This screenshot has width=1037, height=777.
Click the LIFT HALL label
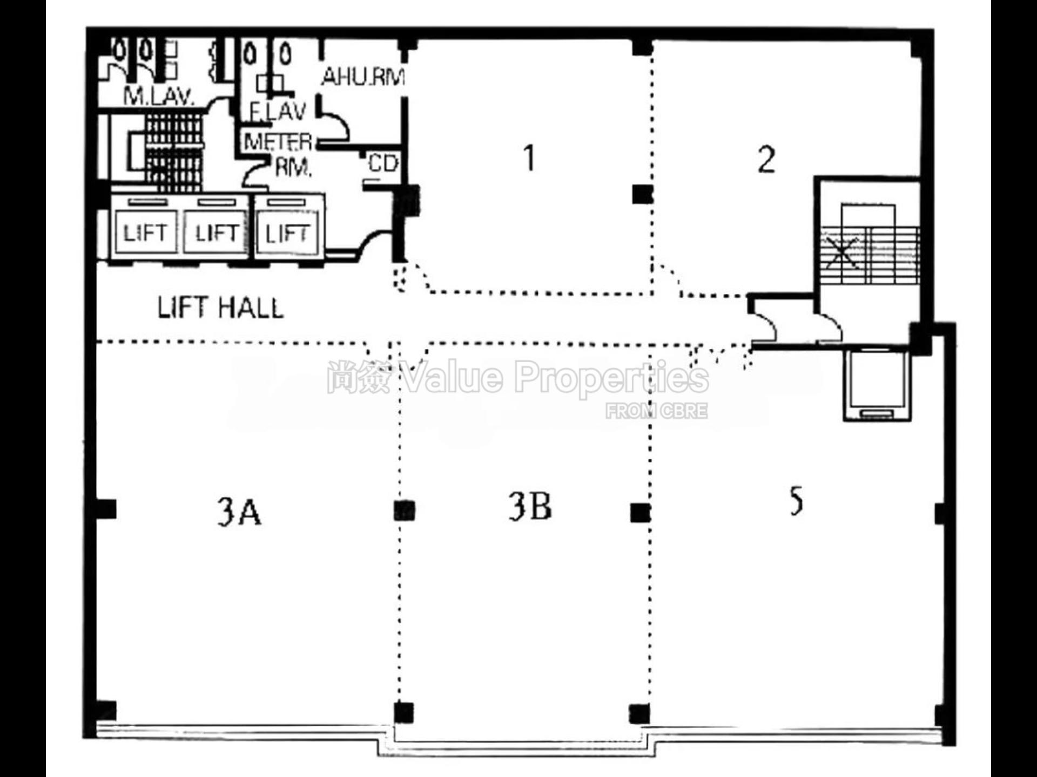[x=220, y=308]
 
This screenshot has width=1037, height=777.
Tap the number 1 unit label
[x=529, y=158]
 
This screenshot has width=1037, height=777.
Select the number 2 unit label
[x=766, y=160]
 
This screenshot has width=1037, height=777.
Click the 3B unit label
[x=530, y=507]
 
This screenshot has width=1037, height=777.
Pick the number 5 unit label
[x=796, y=501]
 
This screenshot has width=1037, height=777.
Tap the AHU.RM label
[x=363, y=77]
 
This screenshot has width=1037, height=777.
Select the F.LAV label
[x=278, y=112]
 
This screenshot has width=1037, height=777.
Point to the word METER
[x=278, y=142]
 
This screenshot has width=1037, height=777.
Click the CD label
[x=383, y=163]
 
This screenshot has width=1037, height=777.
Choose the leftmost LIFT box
[x=145, y=233]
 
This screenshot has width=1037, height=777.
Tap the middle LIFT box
[x=216, y=233]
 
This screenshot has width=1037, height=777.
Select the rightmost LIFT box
[x=287, y=233]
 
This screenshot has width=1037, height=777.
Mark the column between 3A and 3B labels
[x=404, y=510]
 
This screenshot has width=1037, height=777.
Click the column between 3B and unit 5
[x=640, y=512]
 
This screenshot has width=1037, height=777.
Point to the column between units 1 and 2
[x=642, y=194]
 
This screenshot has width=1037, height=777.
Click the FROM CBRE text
[x=656, y=411]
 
